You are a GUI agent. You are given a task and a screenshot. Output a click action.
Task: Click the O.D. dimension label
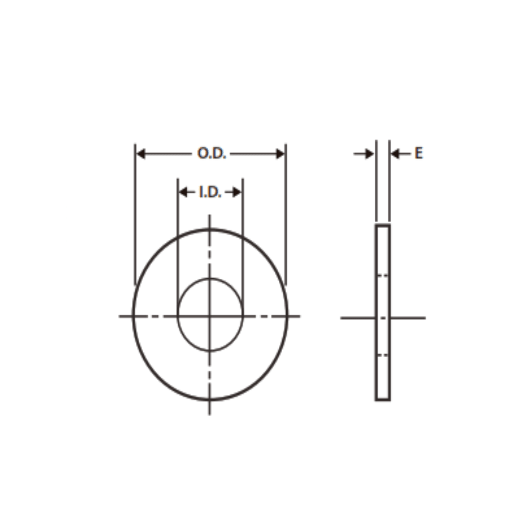212,154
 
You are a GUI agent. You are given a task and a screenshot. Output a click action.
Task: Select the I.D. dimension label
210,192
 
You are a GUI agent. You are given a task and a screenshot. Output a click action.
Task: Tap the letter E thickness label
418,154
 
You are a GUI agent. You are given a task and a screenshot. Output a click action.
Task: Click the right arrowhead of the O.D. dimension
280,154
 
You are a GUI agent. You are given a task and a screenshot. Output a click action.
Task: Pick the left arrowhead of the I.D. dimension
183,192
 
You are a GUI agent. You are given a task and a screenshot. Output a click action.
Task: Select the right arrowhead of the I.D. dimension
237,192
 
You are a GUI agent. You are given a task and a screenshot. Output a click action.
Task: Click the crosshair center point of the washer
210,316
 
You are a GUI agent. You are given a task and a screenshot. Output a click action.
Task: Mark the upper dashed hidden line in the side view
382,275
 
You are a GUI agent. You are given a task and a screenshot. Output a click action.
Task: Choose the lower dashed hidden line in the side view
382,354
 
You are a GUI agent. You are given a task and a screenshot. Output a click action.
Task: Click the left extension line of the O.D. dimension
135,216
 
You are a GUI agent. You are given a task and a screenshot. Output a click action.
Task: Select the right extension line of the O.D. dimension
286,216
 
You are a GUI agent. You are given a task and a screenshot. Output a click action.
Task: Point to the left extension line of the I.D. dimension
178,236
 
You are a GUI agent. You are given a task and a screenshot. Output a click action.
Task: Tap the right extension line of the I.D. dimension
243,236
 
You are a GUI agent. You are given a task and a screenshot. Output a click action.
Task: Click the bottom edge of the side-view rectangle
383,400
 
